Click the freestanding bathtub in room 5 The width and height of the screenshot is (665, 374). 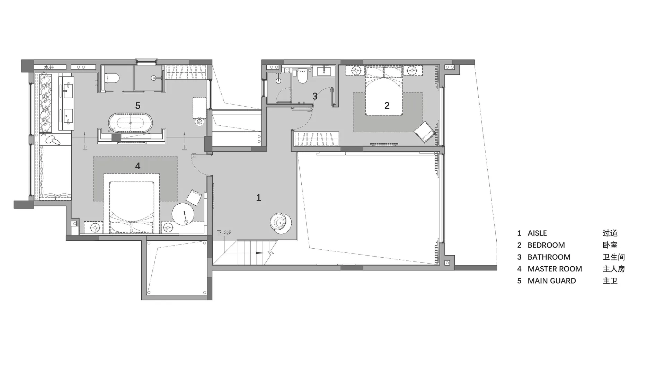pyautogui.click(x=130, y=123)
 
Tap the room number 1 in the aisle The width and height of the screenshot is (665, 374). pyautogui.click(x=258, y=197)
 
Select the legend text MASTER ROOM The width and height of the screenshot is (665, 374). pyautogui.click(x=555, y=269)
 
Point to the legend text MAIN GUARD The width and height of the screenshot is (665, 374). pyautogui.click(x=552, y=281)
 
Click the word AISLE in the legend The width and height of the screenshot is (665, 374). pyautogui.click(x=537, y=233)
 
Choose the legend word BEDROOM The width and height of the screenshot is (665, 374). pyautogui.click(x=546, y=245)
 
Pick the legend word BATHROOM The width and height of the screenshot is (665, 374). pyautogui.click(x=549, y=257)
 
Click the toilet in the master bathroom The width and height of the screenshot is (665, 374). pyautogui.click(x=112, y=78)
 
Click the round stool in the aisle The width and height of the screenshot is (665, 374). pyautogui.click(x=281, y=222)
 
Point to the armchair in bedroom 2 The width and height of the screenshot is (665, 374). pyautogui.click(x=425, y=132)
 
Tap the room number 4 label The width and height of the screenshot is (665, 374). pyautogui.click(x=138, y=166)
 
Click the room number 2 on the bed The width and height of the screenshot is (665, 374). pyautogui.click(x=387, y=105)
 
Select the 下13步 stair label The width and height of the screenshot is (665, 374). pyautogui.click(x=224, y=232)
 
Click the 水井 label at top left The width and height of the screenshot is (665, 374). pyautogui.click(x=49, y=67)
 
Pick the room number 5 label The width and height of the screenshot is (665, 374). pyautogui.click(x=138, y=106)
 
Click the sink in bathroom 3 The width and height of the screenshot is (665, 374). pyautogui.click(x=324, y=71)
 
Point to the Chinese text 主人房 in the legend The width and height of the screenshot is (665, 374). pyautogui.click(x=614, y=269)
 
